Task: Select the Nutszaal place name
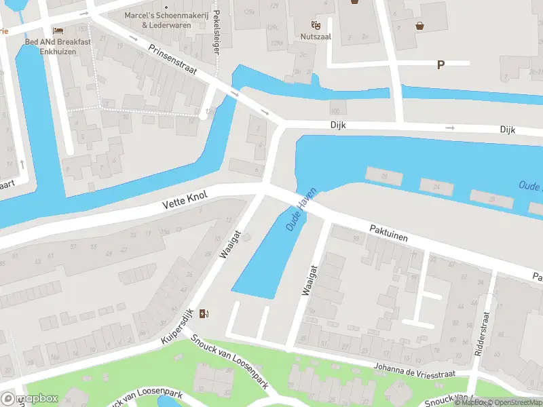(316, 37)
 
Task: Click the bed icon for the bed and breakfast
(58, 31)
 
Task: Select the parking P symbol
(441, 65)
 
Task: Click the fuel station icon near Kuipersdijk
(205, 313)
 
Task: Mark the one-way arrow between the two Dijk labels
(449, 128)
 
